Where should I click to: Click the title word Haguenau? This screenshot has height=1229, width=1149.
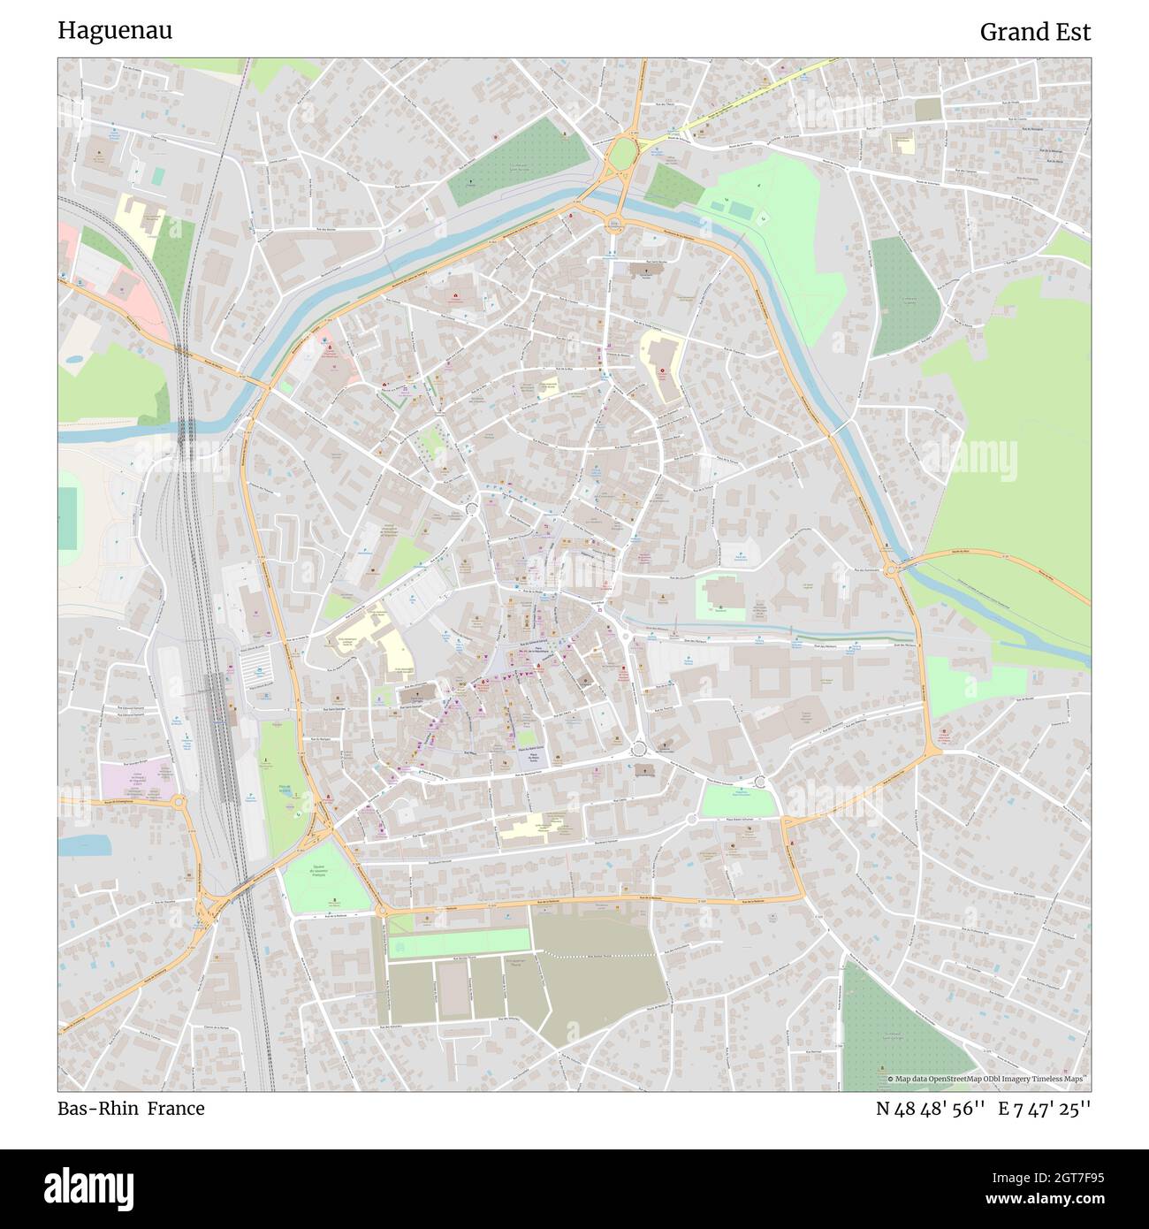coord(115,31)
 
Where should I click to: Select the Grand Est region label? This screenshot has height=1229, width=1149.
coord(1035,33)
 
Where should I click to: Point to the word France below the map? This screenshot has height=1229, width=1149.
coord(176,1109)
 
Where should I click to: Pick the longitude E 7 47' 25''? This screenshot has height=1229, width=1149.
coord(1044,1109)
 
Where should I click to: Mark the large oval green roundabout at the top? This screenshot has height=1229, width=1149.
coord(623,154)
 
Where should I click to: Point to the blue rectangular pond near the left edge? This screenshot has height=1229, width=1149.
coord(85,844)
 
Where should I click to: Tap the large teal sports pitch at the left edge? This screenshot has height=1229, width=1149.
coord(67,517)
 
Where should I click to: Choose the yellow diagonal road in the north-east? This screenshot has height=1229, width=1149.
coord(751,97)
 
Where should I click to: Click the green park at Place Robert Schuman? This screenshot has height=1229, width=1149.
coord(736,801)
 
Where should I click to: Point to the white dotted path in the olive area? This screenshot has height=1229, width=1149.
coord(597,956)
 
